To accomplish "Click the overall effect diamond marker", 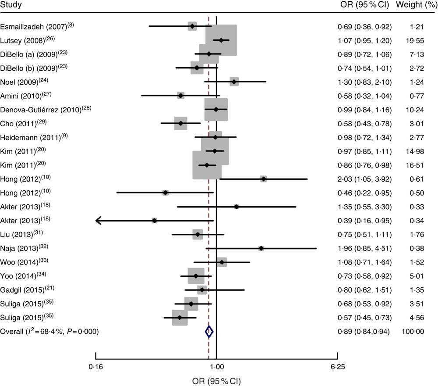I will tap(209, 332).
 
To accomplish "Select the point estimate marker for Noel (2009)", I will tap(234, 82).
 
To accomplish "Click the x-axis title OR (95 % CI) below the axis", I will tap(216, 379).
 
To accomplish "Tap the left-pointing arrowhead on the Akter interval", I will tap(98, 220).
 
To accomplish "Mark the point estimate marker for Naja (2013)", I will tap(261, 248).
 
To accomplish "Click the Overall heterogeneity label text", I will tap(49, 332).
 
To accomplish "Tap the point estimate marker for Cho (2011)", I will tap(180, 123).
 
